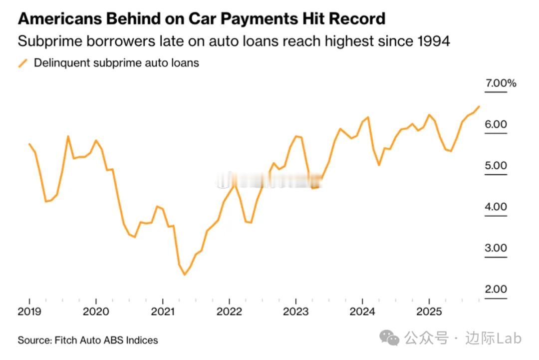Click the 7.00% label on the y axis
(x=501, y=83)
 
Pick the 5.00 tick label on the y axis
(x=496, y=166)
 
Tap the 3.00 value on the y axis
(x=496, y=248)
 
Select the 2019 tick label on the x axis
(x=29, y=312)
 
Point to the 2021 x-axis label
(x=163, y=312)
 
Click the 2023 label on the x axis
(x=296, y=312)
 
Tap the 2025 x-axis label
(x=429, y=312)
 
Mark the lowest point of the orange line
(x=184, y=275)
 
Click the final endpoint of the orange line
(x=479, y=106)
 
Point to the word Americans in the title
(x=60, y=19)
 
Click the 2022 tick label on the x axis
(x=229, y=312)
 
